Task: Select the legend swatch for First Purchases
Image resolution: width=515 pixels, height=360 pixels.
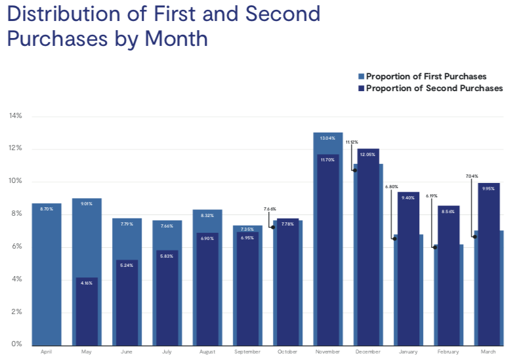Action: point(361,76)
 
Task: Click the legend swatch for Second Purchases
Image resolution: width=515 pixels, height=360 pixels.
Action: point(361,88)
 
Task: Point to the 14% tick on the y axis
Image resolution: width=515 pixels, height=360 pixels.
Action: point(16,116)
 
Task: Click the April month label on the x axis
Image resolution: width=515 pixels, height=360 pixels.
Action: point(46,352)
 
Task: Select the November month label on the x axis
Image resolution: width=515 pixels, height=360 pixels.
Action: point(328,352)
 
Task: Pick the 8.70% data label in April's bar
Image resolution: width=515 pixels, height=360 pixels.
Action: point(46,209)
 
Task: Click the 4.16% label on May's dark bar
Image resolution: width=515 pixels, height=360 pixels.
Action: point(86,283)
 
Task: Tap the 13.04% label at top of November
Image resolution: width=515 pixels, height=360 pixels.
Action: point(328,138)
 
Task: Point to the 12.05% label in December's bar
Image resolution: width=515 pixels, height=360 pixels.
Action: point(369,155)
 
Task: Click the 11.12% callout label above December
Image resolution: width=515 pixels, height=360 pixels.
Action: point(352,142)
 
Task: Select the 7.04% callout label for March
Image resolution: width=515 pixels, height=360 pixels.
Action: point(472,176)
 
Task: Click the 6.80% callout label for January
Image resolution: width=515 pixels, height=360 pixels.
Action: point(392,187)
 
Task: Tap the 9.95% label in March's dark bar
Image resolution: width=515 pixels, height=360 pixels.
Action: point(488,189)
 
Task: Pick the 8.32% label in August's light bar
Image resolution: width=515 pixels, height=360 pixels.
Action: point(207,215)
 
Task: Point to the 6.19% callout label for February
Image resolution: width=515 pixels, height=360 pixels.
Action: point(432,195)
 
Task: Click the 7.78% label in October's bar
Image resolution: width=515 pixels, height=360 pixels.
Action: point(287,224)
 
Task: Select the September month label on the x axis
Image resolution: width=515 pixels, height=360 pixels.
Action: point(247,352)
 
